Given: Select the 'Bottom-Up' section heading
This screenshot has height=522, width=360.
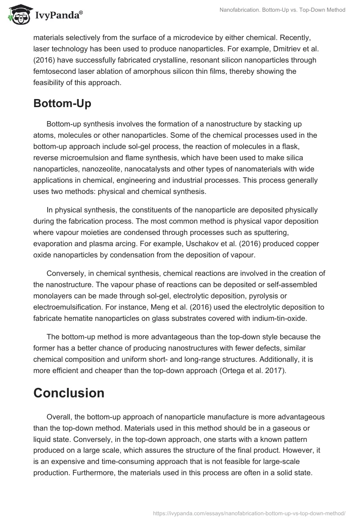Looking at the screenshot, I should [x=62, y=103].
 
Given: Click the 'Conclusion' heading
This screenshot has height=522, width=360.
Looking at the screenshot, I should [x=69, y=392].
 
